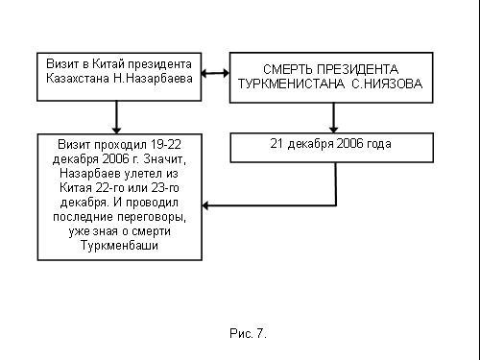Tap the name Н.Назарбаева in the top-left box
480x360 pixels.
tap(153, 79)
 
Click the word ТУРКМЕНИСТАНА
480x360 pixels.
tap(291, 84)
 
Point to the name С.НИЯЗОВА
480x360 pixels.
tap(387, 84)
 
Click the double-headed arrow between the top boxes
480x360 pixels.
tap(215, 73)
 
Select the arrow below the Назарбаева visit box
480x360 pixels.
tap(116, 117)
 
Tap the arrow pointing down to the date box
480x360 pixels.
tap(334, 117)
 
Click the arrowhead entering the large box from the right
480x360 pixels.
tap(205, 205)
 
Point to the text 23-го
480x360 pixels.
tap(165, 188)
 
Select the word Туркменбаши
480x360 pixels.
tap(119, 246)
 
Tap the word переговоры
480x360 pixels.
tap(152, 217)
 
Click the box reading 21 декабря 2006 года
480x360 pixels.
tap(332, 148)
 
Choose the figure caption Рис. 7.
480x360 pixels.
tap(248, 333)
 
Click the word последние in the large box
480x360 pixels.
tap(84, 217)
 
